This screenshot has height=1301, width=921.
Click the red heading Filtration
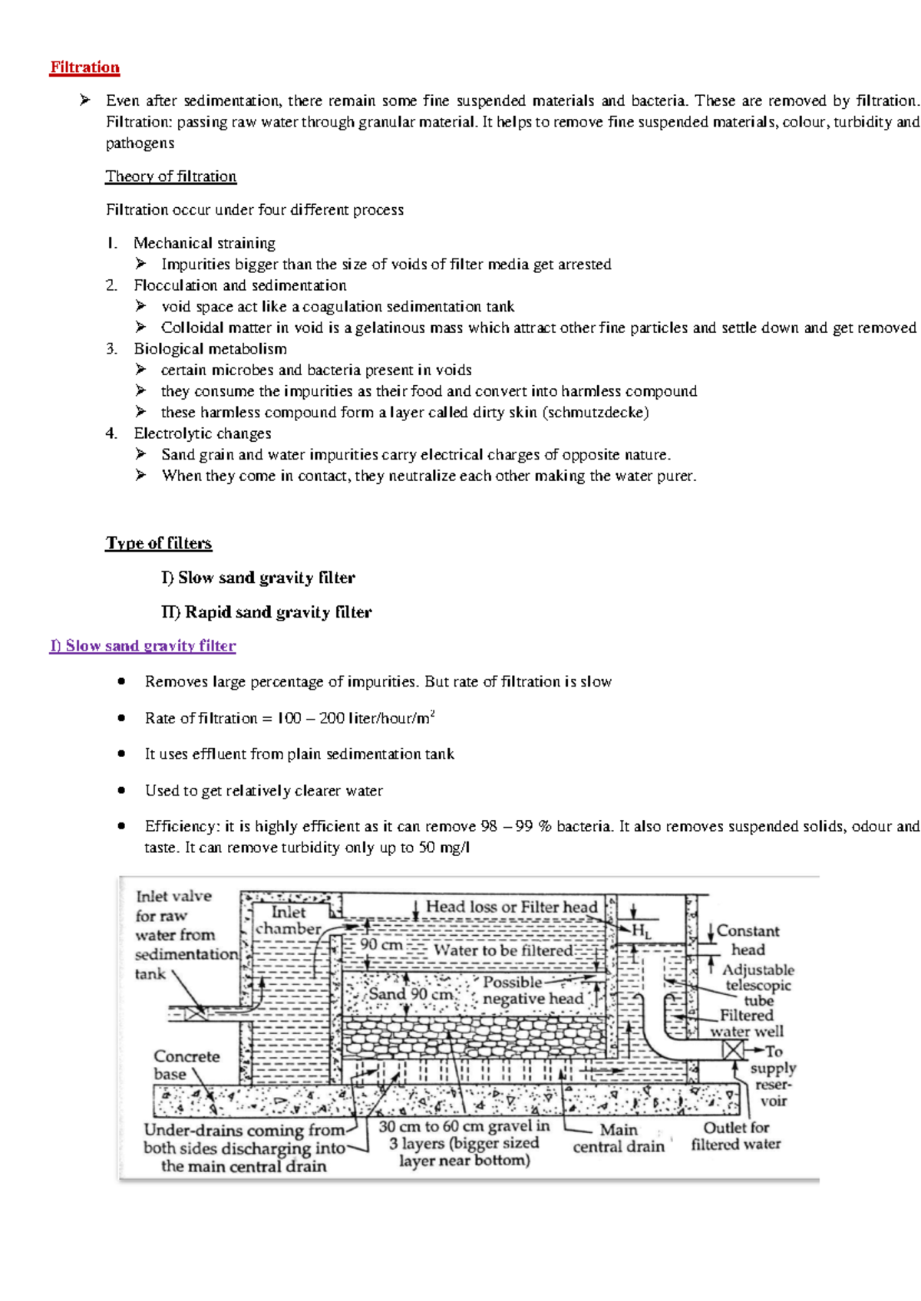(x=84, y=68)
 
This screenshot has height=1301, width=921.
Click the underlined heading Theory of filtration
(x=170, y=176)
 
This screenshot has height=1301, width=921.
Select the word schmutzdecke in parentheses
(x=596, y=413)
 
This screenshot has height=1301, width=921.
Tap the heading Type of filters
(x=158, y=543)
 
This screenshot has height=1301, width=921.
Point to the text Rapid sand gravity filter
(x=278, y=612)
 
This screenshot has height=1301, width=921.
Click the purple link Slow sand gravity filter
(x=143, y=646)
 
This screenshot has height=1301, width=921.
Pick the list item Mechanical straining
(x=204, y=243)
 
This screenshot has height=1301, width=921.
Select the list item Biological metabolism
(x=210, y=349)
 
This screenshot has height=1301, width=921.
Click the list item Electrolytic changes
(x=203, y=433)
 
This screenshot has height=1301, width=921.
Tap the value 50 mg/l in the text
(x=444, y=848)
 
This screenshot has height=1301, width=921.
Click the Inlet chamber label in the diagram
(x=288, y=921)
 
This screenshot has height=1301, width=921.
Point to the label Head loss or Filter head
(x=511, y=907)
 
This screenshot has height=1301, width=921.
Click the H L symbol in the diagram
(x=641, y=932)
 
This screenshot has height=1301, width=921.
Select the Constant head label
(x=748, y=940)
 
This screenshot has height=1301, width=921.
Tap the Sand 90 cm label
(x=410, y=994)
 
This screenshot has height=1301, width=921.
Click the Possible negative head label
(x=533, y=990)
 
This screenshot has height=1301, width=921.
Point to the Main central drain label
(x=619, y=1138)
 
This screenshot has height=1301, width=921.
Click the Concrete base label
(x=187, y=1065)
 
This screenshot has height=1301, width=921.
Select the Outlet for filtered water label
(x=735, y=1136)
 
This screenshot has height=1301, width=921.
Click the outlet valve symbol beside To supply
(x=734, y=1049)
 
